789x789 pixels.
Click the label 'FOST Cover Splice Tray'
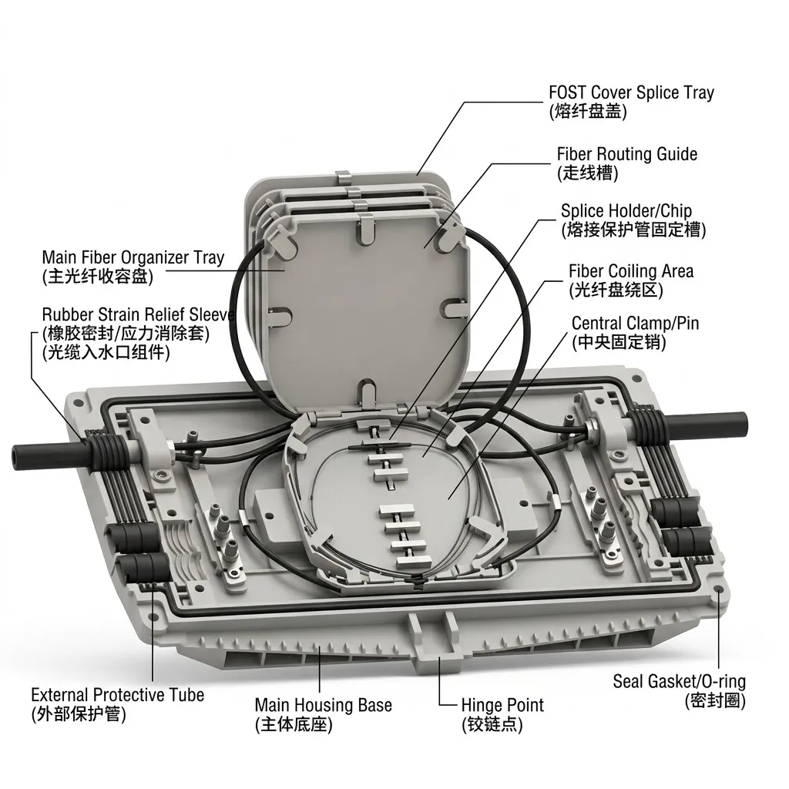click(x=631, y=92)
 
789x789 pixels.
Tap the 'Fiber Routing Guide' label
click(x=627, y=154)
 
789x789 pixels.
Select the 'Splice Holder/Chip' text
click(x=626, y=211)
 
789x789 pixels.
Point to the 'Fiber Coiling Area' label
click(x=631, y=271)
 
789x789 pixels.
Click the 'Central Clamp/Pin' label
click(x=636, y=323)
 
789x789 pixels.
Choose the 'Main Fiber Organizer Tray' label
click(x=133, y=257)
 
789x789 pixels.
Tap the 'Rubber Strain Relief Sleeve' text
click(x=139, y=315)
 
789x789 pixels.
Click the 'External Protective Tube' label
click(x=118, y=695)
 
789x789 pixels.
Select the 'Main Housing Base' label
click(x=323, y=705)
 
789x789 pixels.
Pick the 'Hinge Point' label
click(x=502, y=705)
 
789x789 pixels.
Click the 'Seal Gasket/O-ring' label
click(x=680, y=681)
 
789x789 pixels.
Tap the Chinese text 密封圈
click(x=715, y=700)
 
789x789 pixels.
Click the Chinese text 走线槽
click(x=587, y=173)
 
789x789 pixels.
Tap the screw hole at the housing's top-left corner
click(x=78, y=402)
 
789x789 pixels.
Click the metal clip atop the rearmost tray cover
click(x=343, y=177)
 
